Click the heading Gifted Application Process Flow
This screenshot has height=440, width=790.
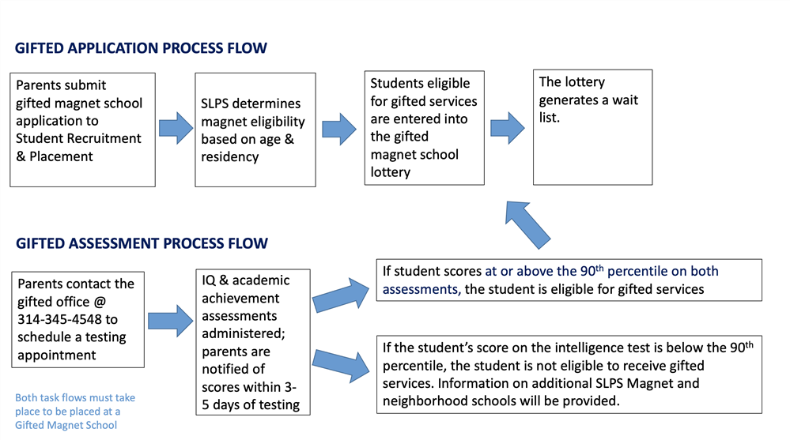point(141,48)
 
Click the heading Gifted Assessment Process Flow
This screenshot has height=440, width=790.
point(142,243)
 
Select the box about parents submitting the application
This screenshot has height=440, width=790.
point(82,130)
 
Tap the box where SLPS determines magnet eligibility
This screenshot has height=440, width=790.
point(255,130)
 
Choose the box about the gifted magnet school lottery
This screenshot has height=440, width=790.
point(424,128)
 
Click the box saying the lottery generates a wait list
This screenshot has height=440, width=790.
point(592,127)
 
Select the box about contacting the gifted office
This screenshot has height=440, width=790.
point(78,319)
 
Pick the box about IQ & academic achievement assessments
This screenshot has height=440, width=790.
point(254,342)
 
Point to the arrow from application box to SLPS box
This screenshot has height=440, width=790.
point(176,128)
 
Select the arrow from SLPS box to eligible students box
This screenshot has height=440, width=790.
point(339,128)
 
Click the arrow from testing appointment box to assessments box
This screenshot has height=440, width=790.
point(170,320)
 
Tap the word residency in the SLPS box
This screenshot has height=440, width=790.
point(230,156)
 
